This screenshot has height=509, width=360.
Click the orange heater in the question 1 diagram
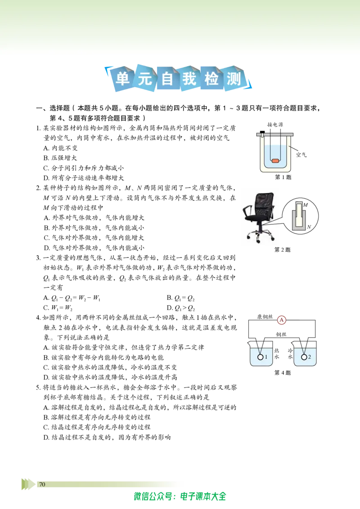click(x=275, y=161)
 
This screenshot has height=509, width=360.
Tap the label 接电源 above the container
click(x=275, y=125)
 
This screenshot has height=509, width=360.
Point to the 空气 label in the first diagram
click(x=301, y=155)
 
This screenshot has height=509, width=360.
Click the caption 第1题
click(x=283, y=177)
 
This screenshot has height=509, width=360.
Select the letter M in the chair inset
click(x=306, y=205)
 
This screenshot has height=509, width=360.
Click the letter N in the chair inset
click(x=309, y=227)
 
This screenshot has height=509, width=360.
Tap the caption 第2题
click(x=282, y=250)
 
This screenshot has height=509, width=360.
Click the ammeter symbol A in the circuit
click(x=281, y=320)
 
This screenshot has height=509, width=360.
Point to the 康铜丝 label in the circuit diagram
click(x=265, y=317)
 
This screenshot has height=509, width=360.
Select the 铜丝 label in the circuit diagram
click(x=281, y=335)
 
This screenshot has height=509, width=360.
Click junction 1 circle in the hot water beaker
click(x=260, y=357)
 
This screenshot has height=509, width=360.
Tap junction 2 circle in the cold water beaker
click(x=304, y=357)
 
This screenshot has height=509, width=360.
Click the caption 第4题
click(x=282, y=373)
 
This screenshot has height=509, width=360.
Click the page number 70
click(x=42, y=484)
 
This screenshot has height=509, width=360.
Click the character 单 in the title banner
click(x=122, y=78)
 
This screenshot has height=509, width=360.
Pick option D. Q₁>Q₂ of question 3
click(x=180, y=308)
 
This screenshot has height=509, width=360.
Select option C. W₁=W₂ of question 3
click(x=58, y=308)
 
